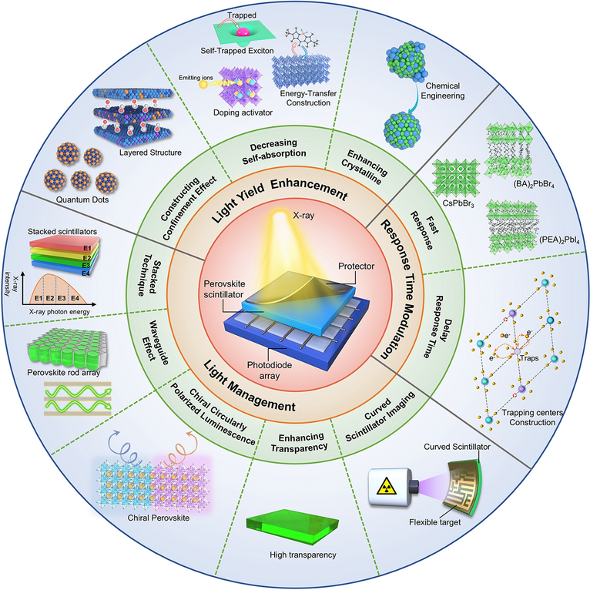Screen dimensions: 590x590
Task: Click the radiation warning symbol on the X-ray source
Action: click(x=387, y=486)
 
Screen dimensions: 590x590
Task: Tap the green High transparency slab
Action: click(x=293, y=526)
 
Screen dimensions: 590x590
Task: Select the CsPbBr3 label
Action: click(x=458, y=204)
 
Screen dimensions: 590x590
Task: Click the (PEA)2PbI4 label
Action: click(x=559, y=240)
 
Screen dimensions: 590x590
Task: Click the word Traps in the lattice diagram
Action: click(x=529, y=358)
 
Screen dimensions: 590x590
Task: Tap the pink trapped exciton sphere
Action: click(x=243, y=32)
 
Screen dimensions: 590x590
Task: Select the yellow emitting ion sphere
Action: click(x=203, y=85)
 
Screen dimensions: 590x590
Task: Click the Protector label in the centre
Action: click(x=357, y=266)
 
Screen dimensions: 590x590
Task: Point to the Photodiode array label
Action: click(x=270, y=370)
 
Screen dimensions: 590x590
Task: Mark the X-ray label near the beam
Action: click(x=303, y=216)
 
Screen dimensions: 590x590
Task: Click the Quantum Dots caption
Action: click(x=82, y=199)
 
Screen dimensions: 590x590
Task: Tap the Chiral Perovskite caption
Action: click(x=159, y=518)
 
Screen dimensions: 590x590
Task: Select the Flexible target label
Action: click(x=435, y=522)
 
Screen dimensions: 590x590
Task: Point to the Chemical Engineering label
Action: click(x=443, y=91)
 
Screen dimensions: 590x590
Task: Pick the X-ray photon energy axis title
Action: click(x=59, y=311)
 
